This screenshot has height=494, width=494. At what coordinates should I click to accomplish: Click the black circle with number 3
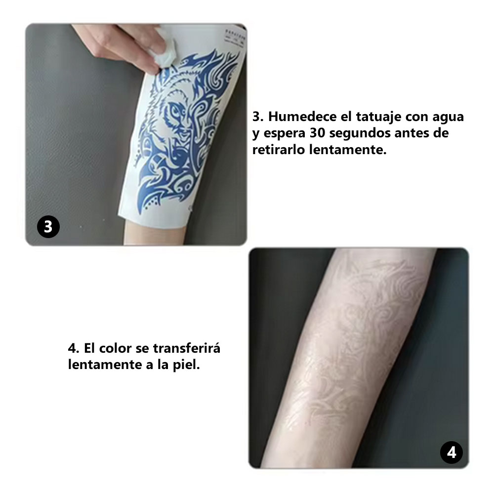48,227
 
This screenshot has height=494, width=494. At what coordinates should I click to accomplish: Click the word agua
447,117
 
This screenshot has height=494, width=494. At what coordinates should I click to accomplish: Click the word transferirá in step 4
186,348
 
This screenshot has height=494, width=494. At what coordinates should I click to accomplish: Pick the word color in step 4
114,348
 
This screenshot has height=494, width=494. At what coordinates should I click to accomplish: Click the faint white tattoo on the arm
346,346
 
